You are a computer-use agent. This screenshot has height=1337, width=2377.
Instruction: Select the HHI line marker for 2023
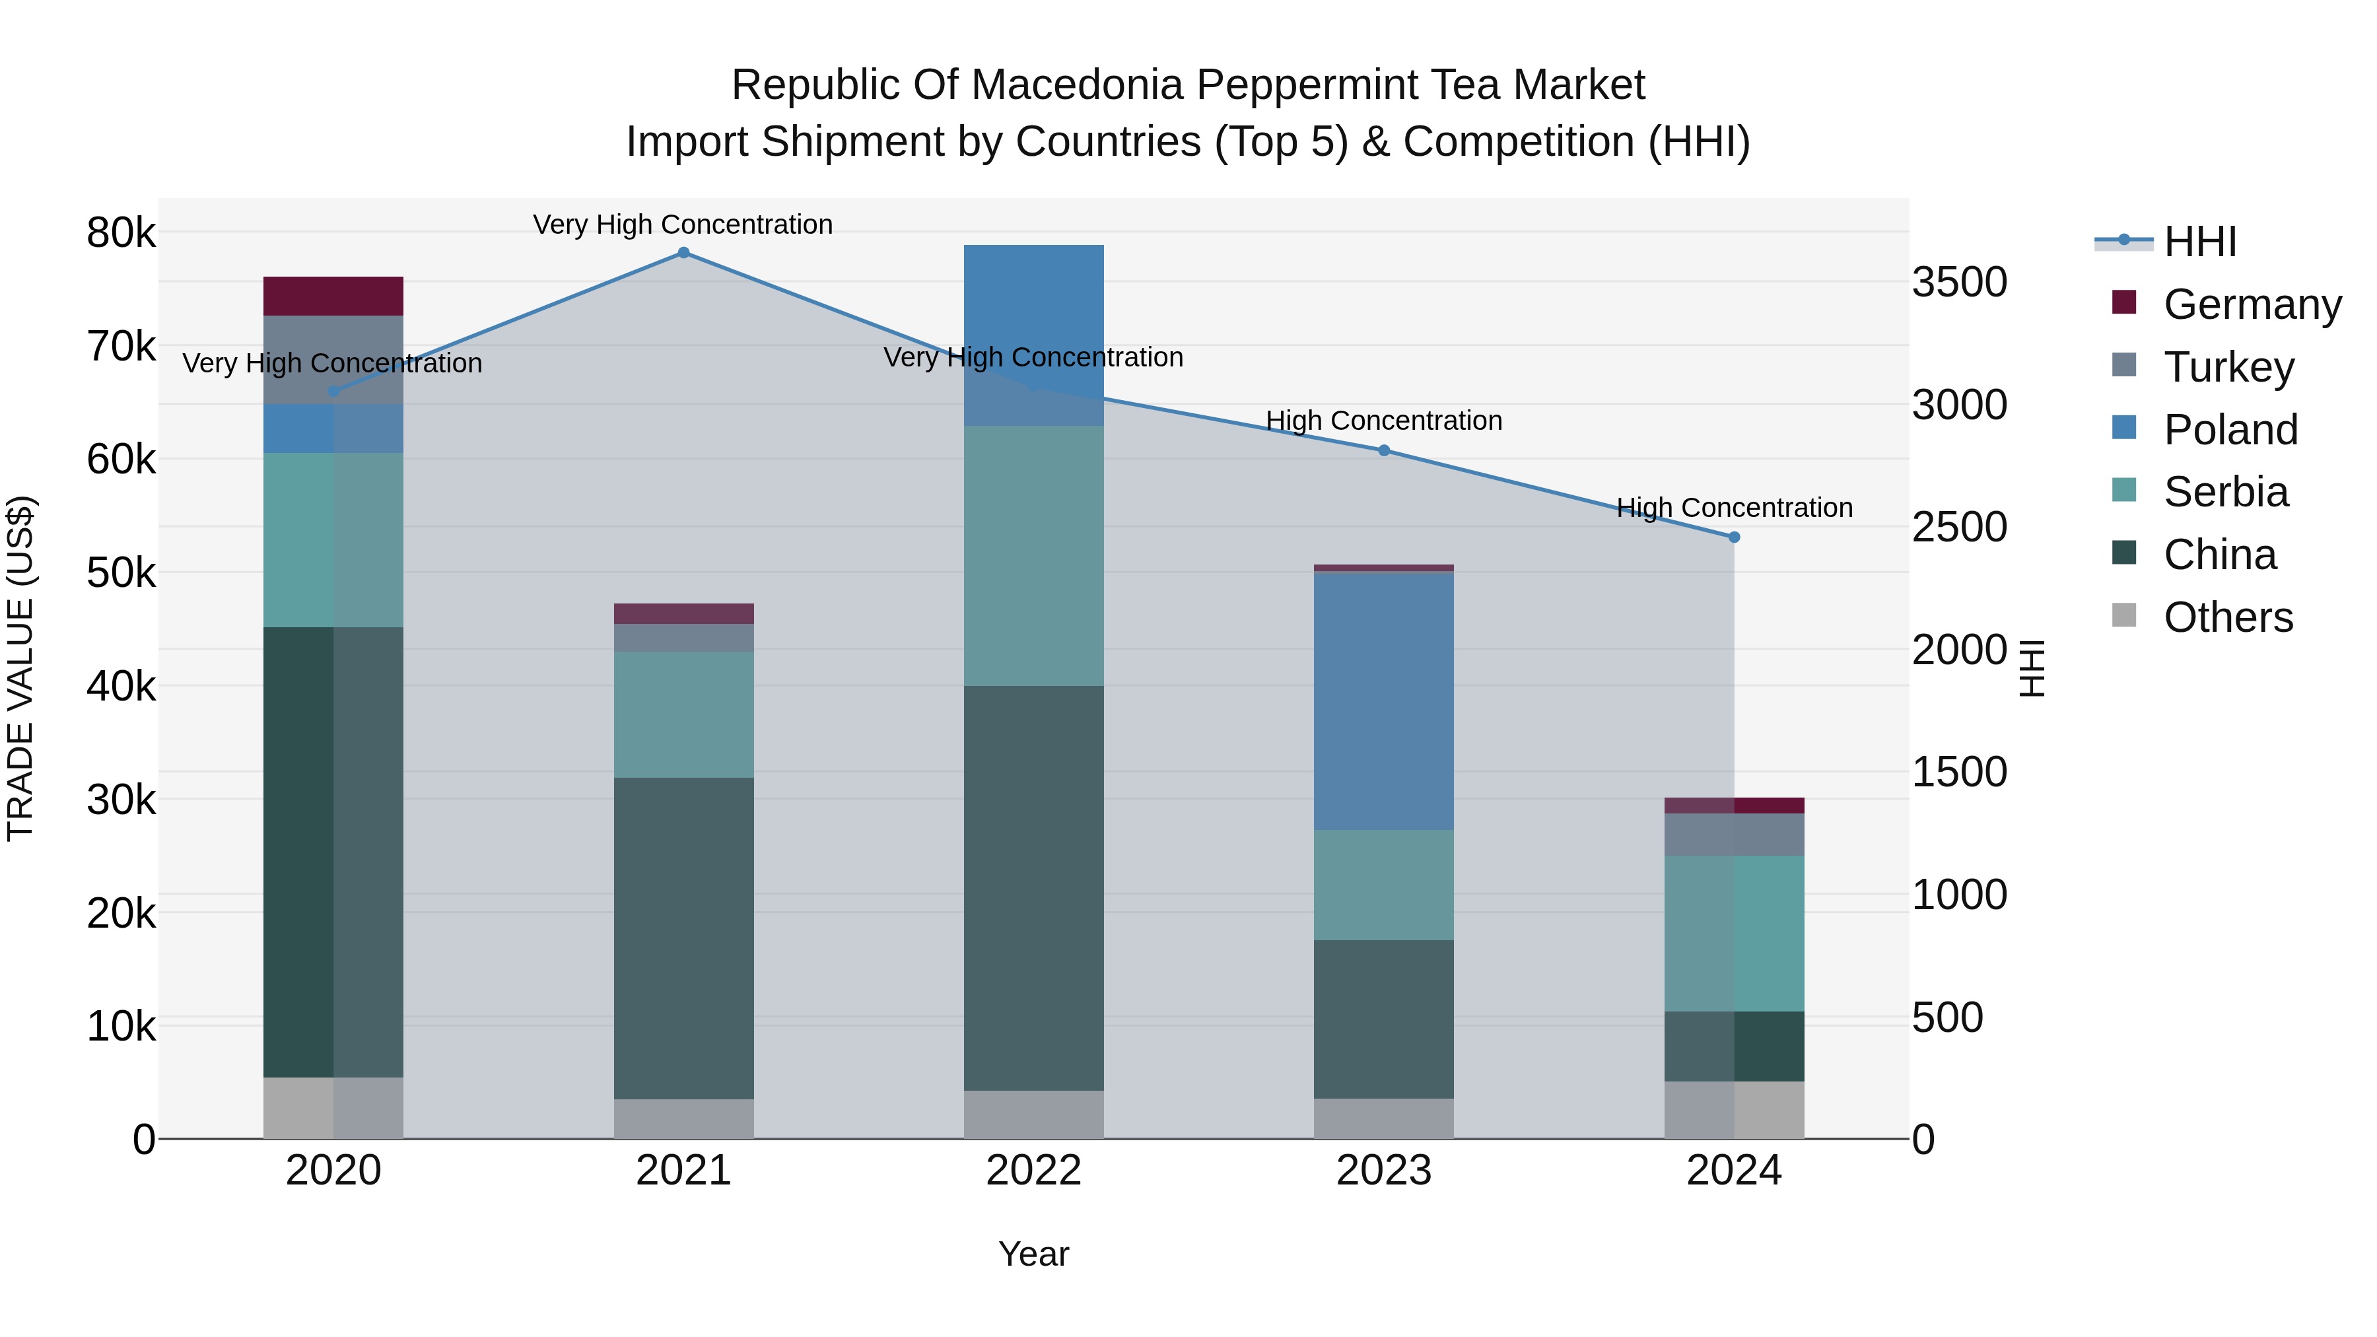point(1384,450)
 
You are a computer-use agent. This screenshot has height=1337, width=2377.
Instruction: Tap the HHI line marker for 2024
point(1734,537)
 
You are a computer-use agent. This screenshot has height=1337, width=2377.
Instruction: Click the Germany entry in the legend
point(2252,304)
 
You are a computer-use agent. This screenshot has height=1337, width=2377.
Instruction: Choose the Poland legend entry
point(2230,430)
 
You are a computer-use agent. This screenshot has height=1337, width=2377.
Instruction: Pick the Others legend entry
point(2228,617)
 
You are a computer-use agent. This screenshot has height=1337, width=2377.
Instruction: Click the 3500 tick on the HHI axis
point(1959,283)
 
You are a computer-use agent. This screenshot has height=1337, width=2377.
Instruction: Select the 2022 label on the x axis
point(1033,1171)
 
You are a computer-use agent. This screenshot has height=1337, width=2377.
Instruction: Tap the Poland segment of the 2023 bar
point(1383,701)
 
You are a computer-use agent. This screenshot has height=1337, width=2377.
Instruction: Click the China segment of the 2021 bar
point(684,938)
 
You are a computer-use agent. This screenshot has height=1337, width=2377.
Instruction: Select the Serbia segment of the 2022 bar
point(1033,555)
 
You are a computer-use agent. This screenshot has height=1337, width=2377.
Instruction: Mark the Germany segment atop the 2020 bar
point(333,296)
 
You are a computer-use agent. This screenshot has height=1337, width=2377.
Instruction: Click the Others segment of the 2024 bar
point(1734,1110)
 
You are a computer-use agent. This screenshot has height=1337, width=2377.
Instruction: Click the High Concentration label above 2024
point(1734,508)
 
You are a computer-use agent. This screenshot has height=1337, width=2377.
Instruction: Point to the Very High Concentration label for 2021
point(683,225)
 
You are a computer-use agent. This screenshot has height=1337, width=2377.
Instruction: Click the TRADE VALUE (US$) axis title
point(20,668)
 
